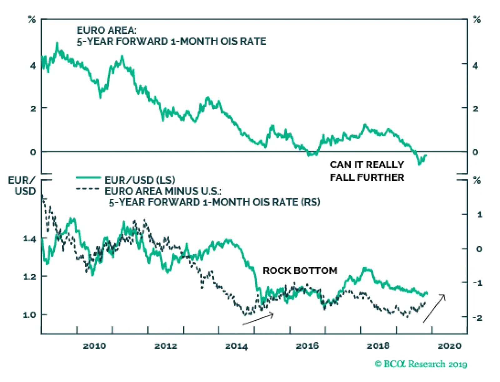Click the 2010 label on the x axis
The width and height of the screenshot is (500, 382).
tap(94, 346)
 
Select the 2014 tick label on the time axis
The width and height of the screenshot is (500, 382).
tap(236, 346)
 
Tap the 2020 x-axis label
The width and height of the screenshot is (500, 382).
tap(449, 346)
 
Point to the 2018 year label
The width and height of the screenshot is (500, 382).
tap(378, 346)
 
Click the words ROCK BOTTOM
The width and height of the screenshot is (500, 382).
tap(300, 270)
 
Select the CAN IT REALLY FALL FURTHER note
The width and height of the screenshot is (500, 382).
tap(367, 171)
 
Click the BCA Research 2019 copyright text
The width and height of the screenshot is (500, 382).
tap(421, 364)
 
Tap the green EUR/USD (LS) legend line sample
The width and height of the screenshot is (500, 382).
tap(88, 178)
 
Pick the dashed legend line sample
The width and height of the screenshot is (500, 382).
tap(87, 189)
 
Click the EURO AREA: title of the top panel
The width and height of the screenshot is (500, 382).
tap(107, 30)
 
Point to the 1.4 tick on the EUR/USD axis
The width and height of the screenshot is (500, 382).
tap(29, 239)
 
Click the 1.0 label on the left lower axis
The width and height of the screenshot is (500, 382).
tap(29, 315)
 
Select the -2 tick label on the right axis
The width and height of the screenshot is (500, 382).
tap(477, 318)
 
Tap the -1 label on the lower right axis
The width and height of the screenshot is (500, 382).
tap(477, 283)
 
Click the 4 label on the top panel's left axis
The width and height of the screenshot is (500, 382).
tap(33, 66)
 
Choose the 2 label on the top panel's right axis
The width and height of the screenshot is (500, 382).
tap(475, 109)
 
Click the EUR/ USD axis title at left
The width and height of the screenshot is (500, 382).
tap(22, 186)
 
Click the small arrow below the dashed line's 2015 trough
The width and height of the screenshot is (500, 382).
tap(258, 319)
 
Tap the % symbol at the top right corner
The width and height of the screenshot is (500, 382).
tap(477, 20)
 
